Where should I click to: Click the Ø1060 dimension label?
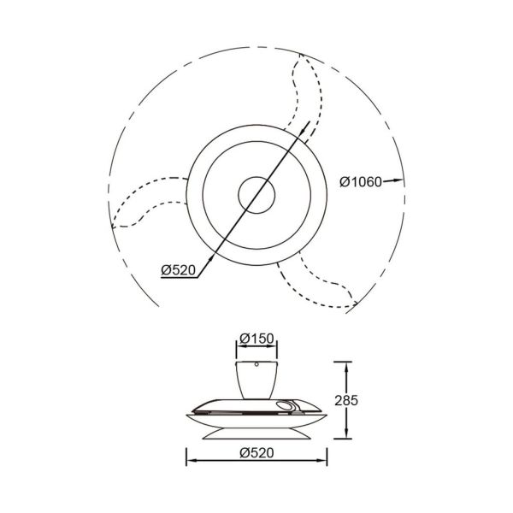(x=359, y=181)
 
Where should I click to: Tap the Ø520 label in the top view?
(x=179, y=270)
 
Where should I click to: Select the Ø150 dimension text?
(x=256, y=339)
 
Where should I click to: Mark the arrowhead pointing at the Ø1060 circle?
(x=398, y=181)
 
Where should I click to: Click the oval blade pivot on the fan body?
(x=286, y=406)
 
